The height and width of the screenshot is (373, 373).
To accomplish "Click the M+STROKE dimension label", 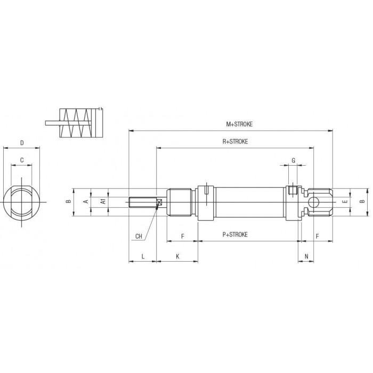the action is click(239, 124).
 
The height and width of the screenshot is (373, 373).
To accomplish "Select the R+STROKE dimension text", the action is click(235, 142).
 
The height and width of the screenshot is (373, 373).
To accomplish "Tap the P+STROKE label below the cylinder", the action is click(235, 234).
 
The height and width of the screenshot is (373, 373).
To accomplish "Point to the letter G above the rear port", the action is click(293, 160).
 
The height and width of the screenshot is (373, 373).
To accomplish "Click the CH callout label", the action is click(139, 236).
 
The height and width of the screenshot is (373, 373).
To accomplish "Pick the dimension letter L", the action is click(143, 256).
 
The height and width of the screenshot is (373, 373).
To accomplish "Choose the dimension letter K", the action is click(177, 256).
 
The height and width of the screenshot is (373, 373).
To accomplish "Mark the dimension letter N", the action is click(306, 256).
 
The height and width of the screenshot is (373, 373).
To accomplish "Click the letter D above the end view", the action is click(22, 143).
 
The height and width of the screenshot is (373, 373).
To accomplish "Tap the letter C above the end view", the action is click(22, 160).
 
